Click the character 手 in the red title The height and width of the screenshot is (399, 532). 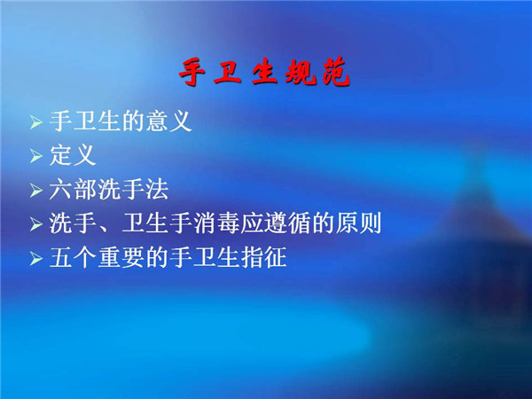coord(192,72)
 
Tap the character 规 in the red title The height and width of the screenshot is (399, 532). coord(301,72)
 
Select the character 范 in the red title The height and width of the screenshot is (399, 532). coord(336,72)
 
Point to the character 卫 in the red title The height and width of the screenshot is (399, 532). coord(228,72)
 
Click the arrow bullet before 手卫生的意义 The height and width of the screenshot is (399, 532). coord(36,122)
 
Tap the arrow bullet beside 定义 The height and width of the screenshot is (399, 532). coord(36,156)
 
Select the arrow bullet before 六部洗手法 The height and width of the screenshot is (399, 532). coord(36,190)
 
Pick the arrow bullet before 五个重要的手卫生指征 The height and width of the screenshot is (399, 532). coord(36,259)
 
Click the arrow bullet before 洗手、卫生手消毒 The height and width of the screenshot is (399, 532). coord(36,224)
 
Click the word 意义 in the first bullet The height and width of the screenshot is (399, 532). coord(168,121)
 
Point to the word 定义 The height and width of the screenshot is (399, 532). coord(73,155)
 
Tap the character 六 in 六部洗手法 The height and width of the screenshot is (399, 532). coord(60,190)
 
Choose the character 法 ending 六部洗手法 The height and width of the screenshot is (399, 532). coord(157,190)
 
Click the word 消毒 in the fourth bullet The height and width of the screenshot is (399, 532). coord(217,223)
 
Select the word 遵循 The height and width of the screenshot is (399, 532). coord(288,223)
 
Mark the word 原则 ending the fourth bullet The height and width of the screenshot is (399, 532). coord(358,223)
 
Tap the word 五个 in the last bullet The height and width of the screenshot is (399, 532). coord(73,257)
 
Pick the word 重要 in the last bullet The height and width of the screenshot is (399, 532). coord(121,257)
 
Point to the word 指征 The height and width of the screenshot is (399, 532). coord(264,257)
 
